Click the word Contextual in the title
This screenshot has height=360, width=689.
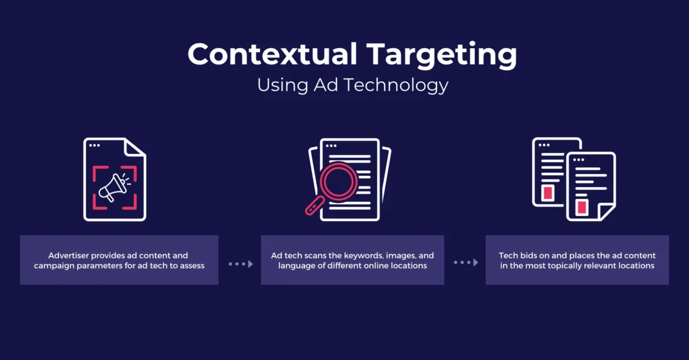point(272,54)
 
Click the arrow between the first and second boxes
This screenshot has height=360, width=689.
point(240,264)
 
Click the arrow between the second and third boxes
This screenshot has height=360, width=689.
point(465,263)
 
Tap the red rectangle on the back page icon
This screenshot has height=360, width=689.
point(548,192)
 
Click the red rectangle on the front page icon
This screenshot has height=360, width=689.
point(583,207)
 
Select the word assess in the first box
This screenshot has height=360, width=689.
point(190,265)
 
